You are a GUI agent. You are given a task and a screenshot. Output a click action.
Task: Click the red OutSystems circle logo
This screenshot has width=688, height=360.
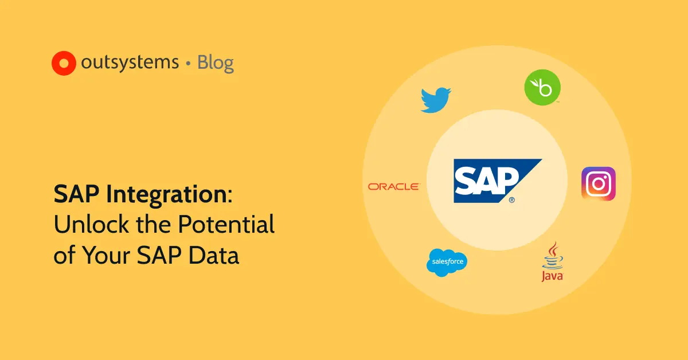click(64, 63)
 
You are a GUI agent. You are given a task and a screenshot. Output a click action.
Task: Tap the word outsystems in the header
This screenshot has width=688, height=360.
click(130, 62)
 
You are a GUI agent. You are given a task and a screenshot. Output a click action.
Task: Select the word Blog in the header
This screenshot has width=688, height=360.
click(216, 62)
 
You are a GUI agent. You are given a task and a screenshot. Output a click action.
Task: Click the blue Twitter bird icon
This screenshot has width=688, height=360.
click(436, 99)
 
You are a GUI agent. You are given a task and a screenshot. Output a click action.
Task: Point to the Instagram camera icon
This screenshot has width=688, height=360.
click(599, 183)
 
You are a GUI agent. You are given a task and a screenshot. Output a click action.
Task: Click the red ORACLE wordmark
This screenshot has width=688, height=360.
click(394, 186)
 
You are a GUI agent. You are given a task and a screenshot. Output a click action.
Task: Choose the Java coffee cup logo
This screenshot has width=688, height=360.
click(552, 261)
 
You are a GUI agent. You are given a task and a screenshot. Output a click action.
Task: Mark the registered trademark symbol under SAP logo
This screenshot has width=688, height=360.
click(511, 201)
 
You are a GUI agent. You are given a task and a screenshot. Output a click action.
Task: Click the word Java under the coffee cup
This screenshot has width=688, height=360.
click(552, 276)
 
